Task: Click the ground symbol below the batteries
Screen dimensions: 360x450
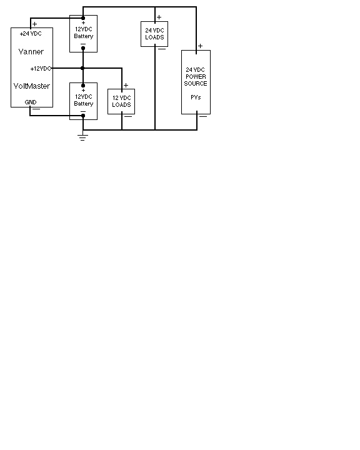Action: (x=83, y=137)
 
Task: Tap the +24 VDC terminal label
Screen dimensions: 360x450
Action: (x=31, y=34)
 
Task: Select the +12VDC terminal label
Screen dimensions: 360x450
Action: (x=41, y=69)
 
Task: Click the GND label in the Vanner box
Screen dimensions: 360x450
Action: (x=31, y=102)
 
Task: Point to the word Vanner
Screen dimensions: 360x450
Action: (x=31, y=52)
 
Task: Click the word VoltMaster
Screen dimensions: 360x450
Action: (x=32, y=86)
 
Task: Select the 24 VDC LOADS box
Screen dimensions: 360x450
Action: (x=154, y=34)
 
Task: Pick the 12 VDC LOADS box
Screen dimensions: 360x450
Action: (x=121, y=102)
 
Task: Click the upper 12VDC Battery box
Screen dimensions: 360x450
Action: (x=84, y=34)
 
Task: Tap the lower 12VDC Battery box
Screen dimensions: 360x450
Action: (x=84, y=101)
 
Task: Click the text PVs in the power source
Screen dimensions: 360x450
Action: (x=196, y=97)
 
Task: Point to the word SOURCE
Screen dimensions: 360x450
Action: (x=196, y=84)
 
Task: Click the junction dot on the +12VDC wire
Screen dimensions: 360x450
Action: (x=82, y=68)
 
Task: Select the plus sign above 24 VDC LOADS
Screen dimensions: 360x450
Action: (x=159, y=17)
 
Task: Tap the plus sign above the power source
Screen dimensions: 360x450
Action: (x=200, y=46)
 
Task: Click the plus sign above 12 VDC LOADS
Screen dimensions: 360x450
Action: (x=126, y=85)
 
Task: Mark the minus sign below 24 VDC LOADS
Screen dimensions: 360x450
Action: (x=162, y=49)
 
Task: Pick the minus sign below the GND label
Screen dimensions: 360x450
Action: (x=36, y=109)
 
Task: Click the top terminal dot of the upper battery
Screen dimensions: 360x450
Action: (x=83, y=18)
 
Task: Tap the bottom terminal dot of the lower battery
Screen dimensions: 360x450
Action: (x=83, y=116)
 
